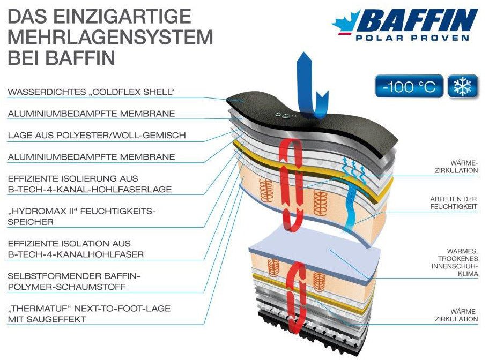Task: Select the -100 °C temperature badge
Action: click(x=409, y=86)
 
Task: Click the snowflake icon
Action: click(x=462, y=86)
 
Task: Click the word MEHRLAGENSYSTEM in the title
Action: click(x=110, y=36)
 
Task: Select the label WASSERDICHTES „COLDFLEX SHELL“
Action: click(x=92, y=93)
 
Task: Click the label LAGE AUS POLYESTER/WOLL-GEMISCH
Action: click(x=97, y=136)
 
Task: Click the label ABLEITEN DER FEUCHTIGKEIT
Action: click(x=454, y=202)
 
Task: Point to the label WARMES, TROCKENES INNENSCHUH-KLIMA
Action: click(x=454, y=262)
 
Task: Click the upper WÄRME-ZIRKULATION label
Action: click(x=457, y=167)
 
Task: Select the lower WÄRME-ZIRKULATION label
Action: click(x=457, y=315)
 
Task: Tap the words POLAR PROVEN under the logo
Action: click(x=412, y=38)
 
